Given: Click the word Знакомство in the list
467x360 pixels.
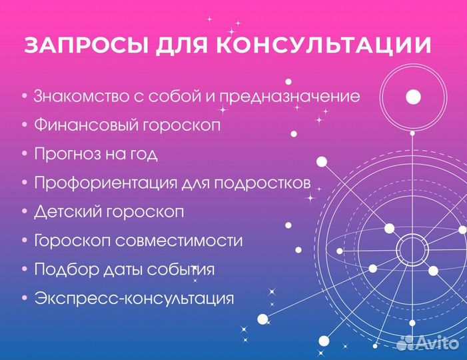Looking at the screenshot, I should click(x=81, y=96).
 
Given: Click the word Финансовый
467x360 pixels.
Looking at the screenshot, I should click(x=80, y=125).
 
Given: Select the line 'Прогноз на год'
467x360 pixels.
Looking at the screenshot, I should click(x=95, y=154).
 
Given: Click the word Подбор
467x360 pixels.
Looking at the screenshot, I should click(x=59, y=269).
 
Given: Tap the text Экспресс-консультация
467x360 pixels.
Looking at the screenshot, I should click(x=133, y=298).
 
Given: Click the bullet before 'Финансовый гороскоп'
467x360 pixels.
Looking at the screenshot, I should click(x=24, y=125).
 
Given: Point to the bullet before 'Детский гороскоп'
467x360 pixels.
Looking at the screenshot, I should click(x=24, y=212).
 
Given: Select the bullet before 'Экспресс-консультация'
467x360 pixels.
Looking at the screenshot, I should click(x=24, y=298).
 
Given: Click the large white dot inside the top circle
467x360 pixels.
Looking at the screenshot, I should click(x=413, y=97).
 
